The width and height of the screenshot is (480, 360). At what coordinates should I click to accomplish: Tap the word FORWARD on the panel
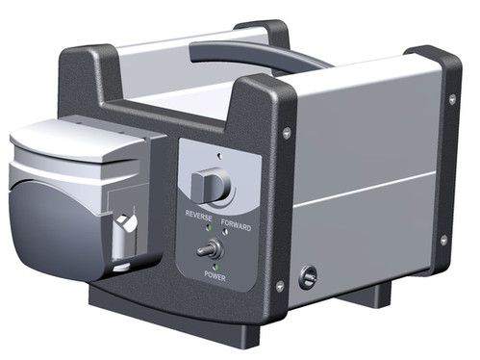coord(236,227)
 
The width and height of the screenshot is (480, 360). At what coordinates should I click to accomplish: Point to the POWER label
coord(215,275)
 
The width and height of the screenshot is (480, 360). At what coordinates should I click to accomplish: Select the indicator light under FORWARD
coord(229,237)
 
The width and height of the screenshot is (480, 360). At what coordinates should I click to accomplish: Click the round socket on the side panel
coord(308,277)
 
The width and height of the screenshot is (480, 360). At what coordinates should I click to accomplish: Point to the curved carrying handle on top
coord(279,60)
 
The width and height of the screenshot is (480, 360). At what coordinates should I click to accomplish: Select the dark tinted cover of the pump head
coord(48,212)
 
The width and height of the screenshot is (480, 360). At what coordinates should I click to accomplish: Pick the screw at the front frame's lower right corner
coord(280,286)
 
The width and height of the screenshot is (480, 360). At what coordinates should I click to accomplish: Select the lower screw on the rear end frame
coord(442,240)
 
